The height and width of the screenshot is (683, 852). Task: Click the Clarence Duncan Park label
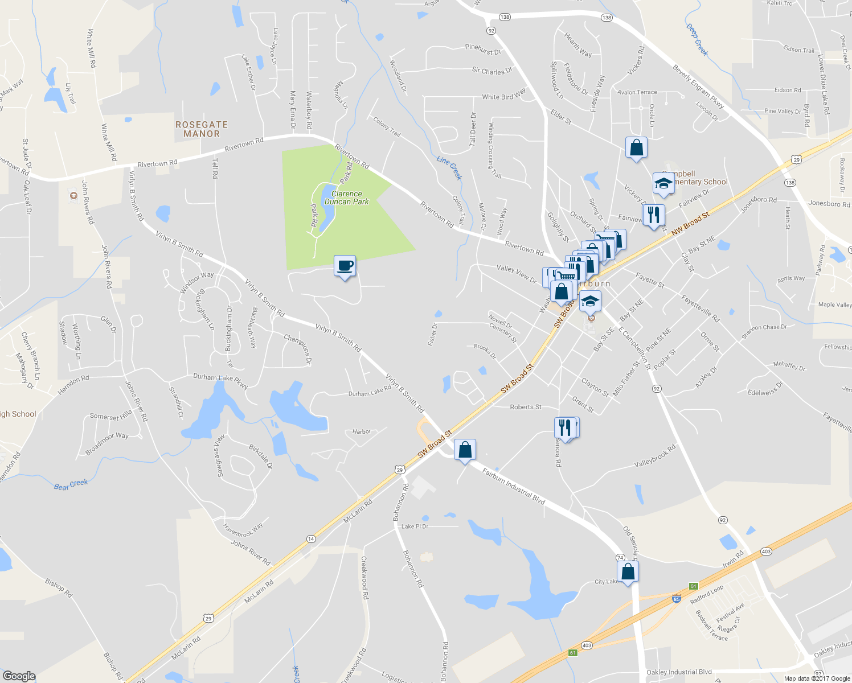tap(346, 198)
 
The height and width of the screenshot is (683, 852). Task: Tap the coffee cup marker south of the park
tap(345, 266)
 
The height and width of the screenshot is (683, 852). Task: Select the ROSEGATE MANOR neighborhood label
tap(202, 129)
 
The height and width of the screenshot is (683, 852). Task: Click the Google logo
tap(19, 676)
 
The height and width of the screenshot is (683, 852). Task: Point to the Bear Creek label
tap(71, 484)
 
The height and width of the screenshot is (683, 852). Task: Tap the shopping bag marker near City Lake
tap(628, 571)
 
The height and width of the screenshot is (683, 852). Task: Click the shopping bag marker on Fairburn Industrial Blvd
tap(465, 450)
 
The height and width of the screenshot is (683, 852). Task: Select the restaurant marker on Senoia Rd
tap(564, 427)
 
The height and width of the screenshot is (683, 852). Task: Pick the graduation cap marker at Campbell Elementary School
tap(663, 183)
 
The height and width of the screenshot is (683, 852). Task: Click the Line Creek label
tap(449, 168)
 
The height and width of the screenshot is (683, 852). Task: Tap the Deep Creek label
tap(697, 40)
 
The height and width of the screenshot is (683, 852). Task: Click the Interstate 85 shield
tap(676, 599)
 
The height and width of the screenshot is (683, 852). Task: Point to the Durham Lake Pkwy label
tap(220, 380)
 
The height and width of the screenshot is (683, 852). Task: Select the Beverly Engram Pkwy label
tap(698, 87)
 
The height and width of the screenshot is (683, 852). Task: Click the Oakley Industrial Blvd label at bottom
tap(679, 672)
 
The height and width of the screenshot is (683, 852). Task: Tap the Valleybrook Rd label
tap(655, 456)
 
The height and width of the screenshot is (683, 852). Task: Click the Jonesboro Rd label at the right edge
tap(829, 204)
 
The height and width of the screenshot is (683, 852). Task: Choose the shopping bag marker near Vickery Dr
tap(636, 147)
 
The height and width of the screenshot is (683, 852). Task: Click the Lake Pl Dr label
tap(415, 526)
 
